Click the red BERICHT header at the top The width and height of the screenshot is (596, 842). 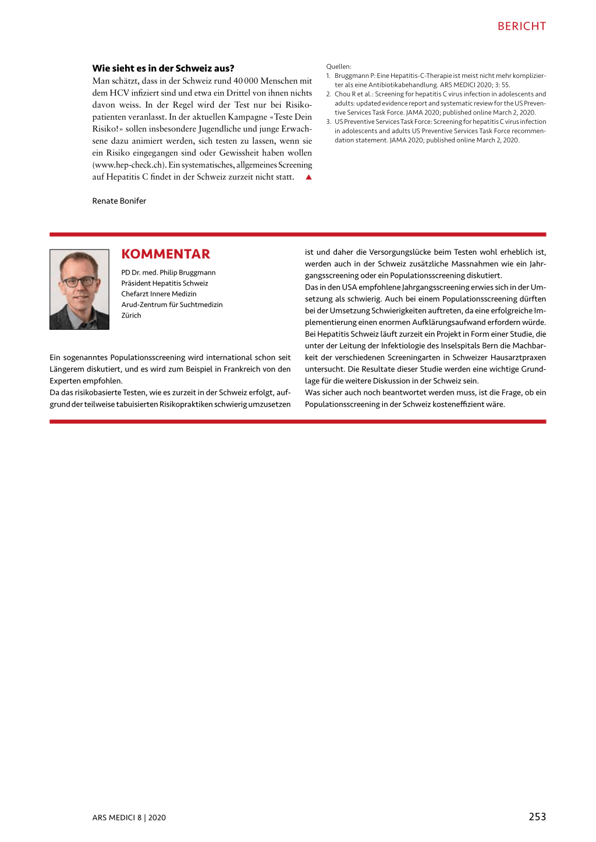[x=521, y=26]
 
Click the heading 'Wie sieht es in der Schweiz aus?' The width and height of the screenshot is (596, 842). [x=163, y=68]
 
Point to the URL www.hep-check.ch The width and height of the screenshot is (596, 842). [x=129, y=165]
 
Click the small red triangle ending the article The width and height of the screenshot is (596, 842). [x=308, y=177]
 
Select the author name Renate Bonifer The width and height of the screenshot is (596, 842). [x=119, y=201]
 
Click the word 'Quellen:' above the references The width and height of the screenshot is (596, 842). [x=339, y=66]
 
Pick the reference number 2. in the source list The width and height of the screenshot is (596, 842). [x=328, y=94]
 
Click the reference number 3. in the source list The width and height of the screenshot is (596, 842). [x=328, y=122]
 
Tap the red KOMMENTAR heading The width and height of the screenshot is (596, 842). [x=165, y=254]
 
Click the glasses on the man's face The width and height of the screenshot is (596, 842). [x=79, y=281]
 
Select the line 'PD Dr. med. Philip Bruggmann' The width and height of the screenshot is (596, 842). [x=168, y=272]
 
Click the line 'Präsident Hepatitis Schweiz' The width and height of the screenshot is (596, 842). [x=164, y=283]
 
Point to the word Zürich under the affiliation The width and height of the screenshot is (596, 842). [x=131, y=315]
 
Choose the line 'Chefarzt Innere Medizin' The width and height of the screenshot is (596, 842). [x=158, y=294]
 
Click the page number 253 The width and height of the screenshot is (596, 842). [x=537, y=816]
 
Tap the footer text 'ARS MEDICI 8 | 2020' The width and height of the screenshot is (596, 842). [x=129, y=818]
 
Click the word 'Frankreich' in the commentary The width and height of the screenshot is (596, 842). [x=243, y=369]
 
